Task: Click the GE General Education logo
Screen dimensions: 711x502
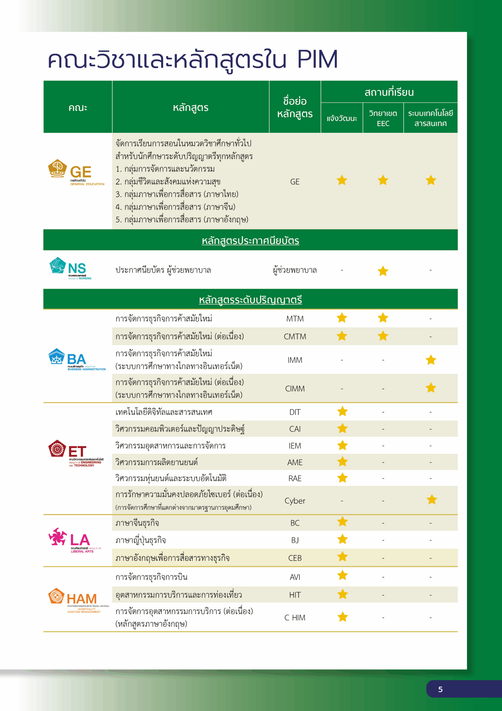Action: pyautogui.click(x=76, y=173)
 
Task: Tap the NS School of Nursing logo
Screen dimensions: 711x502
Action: pyautogui.click(x=70, y=269)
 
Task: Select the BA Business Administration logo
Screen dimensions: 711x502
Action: pyautogui.click(x=77, y=359)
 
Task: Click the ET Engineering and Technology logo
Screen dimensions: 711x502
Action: pyautogui.click(x=76, y=453)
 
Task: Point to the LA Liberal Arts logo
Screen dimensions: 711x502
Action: pyautogui.click(x=75, y=540)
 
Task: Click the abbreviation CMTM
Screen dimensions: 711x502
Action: pyautogui.click(x=295, y=337)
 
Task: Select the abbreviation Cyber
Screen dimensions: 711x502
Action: pyautogui.click(x=295, y=501)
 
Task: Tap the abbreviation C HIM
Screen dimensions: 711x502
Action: pyautogui.click(x=295, y=617)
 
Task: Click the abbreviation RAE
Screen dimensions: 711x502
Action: pyautogui.click(x=295, y=479)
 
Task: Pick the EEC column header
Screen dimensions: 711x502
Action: pyautogui.click(x=383, y=118)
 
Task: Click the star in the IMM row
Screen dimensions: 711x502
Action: pyautogui.click(x=430, y=360)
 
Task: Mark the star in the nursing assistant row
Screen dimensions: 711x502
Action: pyautogui.click(x=383, y=271)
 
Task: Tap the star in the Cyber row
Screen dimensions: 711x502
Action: pyautogui.click(x=432, y=499)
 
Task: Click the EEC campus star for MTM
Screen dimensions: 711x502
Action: pyautogui.click(x=383, y=318)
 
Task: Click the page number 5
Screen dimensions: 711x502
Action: pyautogui.click(x=440, y=689)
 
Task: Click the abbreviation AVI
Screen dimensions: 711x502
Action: pyautogui.click(x=295, y=577)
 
